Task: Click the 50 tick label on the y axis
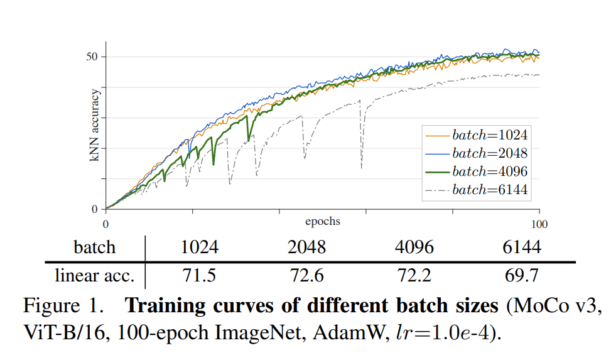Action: point(93,57)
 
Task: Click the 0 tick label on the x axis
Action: point(105,223)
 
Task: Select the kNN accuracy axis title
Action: point(95,126)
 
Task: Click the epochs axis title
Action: point(323,221)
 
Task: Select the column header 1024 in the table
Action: point(199,247)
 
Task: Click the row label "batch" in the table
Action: point(95,247)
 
